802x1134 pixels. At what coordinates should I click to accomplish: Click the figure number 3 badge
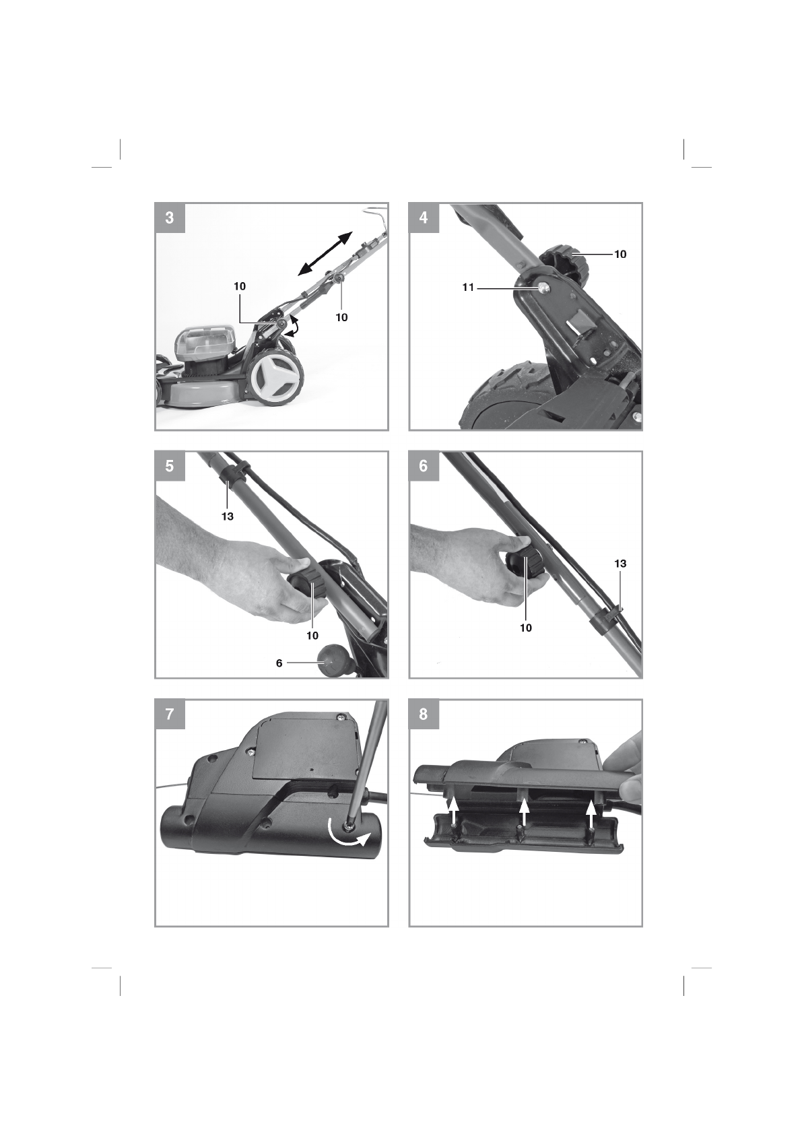(x=170, y=218)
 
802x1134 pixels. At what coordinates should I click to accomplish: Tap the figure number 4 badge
(x=424, y=218)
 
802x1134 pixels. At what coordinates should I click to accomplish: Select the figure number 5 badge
(x=170, y=466)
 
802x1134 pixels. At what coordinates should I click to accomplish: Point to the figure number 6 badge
(x=424, y=466)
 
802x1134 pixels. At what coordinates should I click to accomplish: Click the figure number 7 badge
(x=170, y=714)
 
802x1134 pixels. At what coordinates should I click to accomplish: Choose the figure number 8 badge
(x=424, y=714)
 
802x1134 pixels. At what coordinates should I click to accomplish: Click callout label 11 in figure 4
(x=468, y=288)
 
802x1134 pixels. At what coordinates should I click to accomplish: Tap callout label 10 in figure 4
(x=620, y=254)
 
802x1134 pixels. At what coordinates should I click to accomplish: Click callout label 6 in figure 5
(x=279, y=663)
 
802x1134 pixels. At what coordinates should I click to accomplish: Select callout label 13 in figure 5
(x=228, y=516)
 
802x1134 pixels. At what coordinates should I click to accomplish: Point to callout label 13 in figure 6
(x=620, y=563)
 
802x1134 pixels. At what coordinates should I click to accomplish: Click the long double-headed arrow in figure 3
(x=325, y=253)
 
